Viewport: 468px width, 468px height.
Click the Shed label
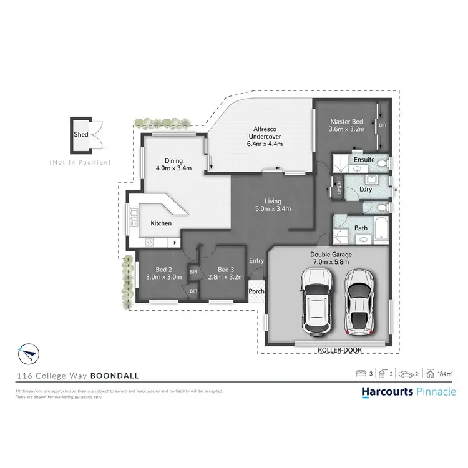tap(80, 134)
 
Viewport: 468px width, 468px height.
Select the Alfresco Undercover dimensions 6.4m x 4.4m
tap(265, 144)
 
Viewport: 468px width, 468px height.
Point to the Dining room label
tap(173, 159)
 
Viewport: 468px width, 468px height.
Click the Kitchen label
tap(160, 223)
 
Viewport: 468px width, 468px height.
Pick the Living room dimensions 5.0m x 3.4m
tap(273, 209)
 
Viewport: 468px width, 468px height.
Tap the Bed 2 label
tap(163, 269)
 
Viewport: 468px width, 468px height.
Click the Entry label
tap(256, 261)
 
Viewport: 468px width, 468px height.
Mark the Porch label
tap(256, 291)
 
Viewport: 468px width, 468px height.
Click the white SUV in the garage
tap(318, 301)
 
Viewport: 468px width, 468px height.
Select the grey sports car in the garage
tap(358, 301)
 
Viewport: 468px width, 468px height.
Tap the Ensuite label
tap(364, 160)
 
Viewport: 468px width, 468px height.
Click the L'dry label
tap(366, 188)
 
